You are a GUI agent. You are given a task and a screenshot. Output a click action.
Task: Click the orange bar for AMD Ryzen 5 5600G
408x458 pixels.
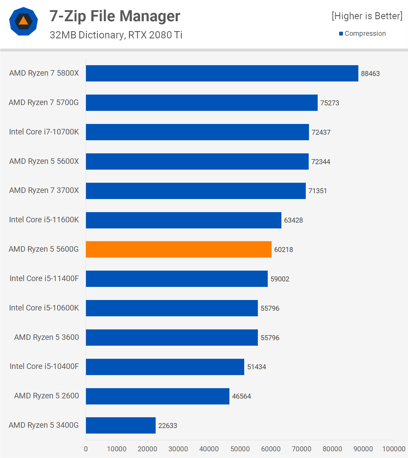pyautogui.click(x=179, y=249)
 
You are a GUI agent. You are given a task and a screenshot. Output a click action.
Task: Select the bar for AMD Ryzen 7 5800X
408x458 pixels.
pyautogui.click(x=222, y=73)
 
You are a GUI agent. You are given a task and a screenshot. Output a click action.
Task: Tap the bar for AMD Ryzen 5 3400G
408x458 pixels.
pyautogui.click(x=121, y=425)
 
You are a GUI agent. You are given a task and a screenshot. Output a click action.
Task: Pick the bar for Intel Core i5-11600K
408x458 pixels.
pyautogui.click(x=184, y=220)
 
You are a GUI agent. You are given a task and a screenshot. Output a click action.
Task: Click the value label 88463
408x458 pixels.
pyautogui.click(x=370, y=74)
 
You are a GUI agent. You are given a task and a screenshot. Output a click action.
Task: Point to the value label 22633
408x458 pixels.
pyautogui.click(x=168, y=426)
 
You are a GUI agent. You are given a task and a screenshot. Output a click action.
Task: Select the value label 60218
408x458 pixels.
pyautogui.click(x=283, y=250)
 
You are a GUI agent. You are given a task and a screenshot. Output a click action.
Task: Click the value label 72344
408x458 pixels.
pyautogui.click(x=321, y=162)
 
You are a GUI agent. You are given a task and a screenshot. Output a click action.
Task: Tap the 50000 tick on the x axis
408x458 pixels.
pyautogui.click(x=240, y=449)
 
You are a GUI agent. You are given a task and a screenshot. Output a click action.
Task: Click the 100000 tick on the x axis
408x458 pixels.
pyautogui.click(x=393, y=449)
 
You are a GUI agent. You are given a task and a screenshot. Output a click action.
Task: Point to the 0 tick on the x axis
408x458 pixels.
pyautogui.click(x=86, y=449)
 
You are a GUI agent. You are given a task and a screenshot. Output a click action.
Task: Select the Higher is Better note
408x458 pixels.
pyautogui.click(x=367, y=16)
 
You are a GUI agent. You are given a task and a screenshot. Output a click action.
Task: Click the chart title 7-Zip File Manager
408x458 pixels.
pyautogui.click(x=115, y=16)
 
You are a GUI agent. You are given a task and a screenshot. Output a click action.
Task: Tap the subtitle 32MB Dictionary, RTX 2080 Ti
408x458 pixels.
pyautogui.click(x=116, y=35)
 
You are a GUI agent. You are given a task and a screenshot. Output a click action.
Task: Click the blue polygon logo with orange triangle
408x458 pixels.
pyautogui.click(x=24, y=21)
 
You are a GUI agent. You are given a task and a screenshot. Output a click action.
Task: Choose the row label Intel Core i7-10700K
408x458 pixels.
pyautogui.click(x=44, y=132)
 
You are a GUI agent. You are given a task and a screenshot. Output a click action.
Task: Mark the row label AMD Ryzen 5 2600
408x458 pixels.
pyautogui.click(x=46, y=396)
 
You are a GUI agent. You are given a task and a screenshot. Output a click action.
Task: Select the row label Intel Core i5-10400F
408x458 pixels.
pyautogui.click(x=44, y=366)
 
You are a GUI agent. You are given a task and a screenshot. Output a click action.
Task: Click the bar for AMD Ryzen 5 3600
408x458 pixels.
pyautogui.click(x=172, y=338)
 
